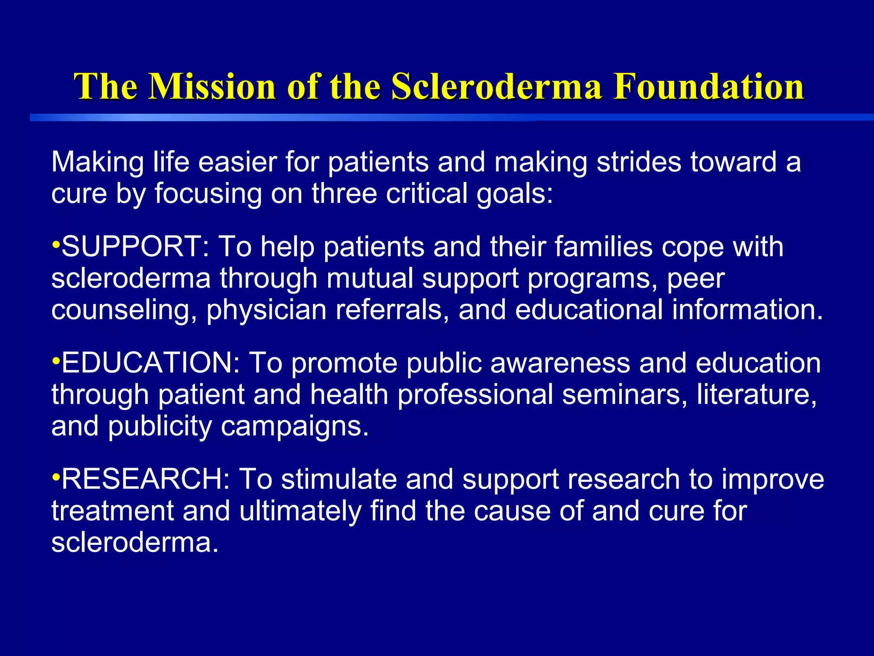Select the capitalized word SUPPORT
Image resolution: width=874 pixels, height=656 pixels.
tap(132, 247)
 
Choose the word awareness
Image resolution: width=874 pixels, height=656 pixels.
tap(560, 363)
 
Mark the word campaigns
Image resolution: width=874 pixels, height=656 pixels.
tap(294, 427)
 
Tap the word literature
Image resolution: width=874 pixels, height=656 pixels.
tap(757, 394)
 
